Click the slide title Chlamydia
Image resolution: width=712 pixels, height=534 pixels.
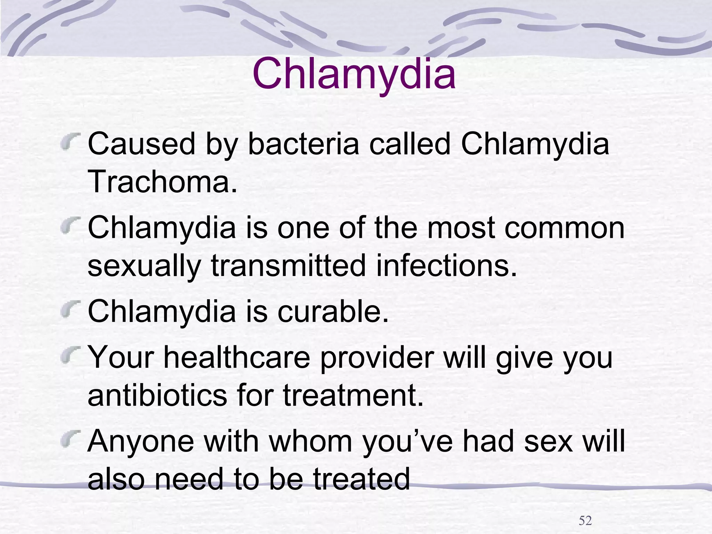[354, 74]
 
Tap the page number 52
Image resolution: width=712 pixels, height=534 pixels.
[585, 520]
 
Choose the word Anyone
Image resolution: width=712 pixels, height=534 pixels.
[141, 441]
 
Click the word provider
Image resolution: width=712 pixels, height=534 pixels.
[377, 358]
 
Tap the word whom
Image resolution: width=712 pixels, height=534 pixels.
[310, 441]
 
